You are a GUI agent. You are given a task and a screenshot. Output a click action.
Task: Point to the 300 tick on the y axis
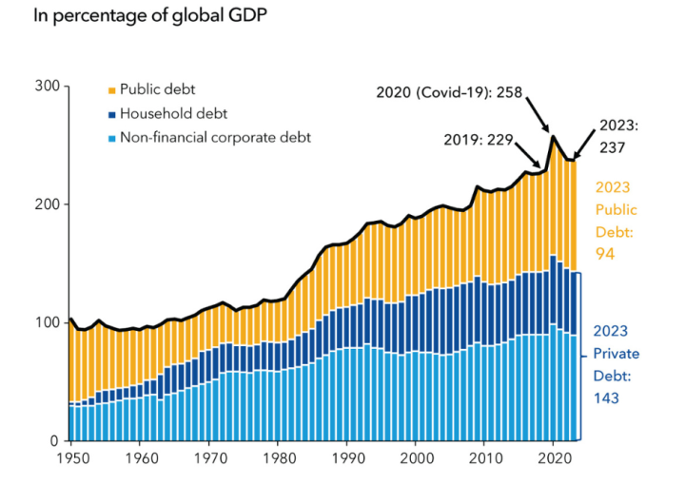[48, 87]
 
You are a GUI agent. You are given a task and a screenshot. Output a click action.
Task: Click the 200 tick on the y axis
[48, 204]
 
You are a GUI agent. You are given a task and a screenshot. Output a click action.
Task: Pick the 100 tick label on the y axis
[48, 323]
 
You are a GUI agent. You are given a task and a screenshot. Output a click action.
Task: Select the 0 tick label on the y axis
[55, 441]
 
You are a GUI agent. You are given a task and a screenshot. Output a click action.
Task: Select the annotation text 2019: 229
[479, 140]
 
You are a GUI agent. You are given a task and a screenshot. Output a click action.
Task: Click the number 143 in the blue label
[607, 397]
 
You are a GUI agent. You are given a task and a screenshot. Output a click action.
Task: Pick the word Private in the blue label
[616, 354]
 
